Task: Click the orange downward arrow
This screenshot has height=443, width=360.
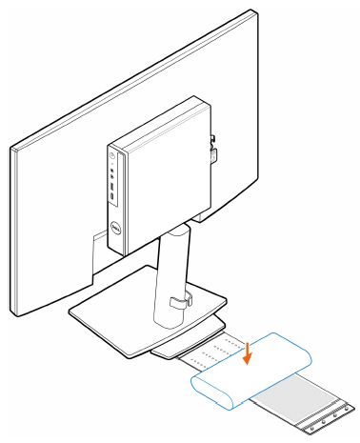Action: pos(248,353)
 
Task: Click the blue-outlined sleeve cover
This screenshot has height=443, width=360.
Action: pos(254,372)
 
